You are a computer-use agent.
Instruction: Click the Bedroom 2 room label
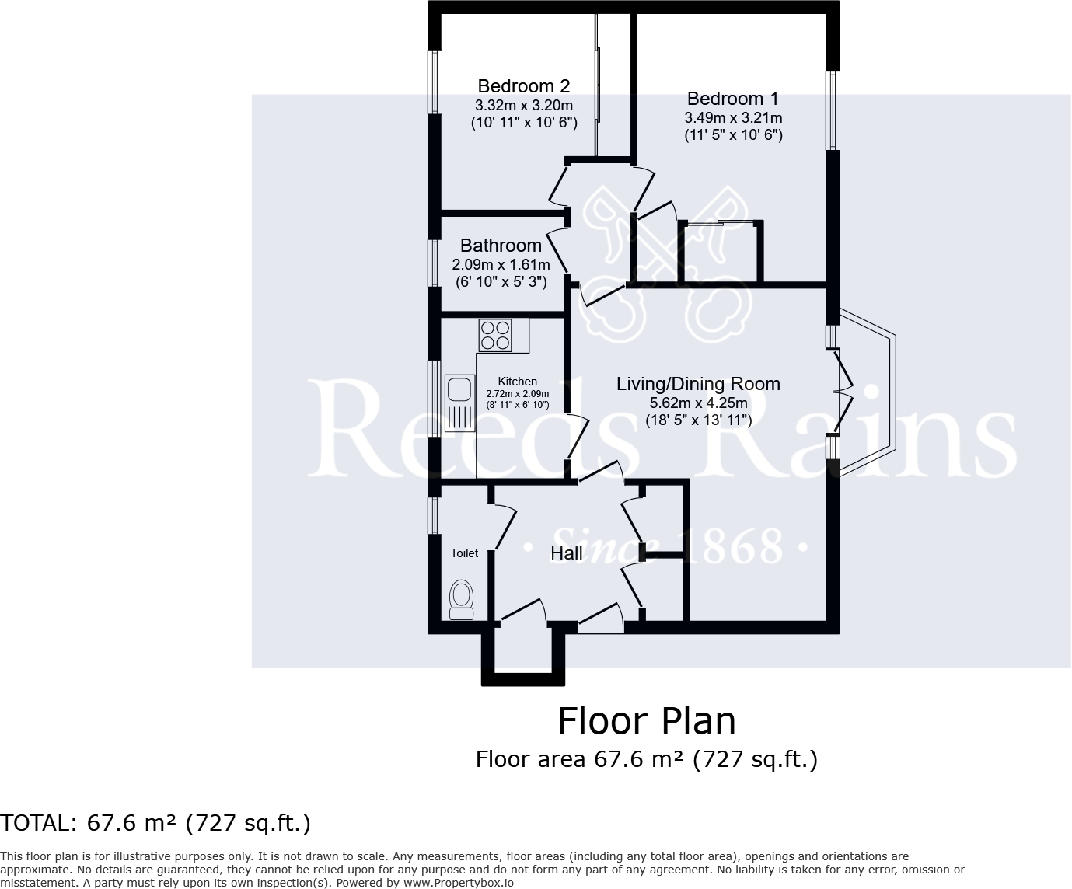[524, 85]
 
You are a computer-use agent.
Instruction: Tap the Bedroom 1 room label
[732, 99]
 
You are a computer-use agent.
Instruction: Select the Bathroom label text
[501, 246]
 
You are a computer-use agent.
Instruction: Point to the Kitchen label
[517, 382]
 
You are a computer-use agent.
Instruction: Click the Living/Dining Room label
[698, 384]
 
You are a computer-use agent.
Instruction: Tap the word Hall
[567, 553]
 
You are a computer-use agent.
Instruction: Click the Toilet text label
[465, 553]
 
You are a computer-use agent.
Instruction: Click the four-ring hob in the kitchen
[495, 335]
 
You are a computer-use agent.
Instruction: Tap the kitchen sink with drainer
[459, 402]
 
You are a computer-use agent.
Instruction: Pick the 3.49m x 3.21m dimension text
[733, 118]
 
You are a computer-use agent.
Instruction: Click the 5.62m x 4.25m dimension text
[698, 403]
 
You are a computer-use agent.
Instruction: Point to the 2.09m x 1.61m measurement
[501, 264]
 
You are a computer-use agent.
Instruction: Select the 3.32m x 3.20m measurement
[524, 105]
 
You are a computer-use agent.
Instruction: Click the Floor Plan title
[646, 720]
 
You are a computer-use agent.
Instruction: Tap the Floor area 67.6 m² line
[646, 758]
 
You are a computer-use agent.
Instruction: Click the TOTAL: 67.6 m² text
[155, 822]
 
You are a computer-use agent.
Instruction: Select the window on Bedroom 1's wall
[833, 110]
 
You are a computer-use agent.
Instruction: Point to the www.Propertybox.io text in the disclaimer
[457, 882]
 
